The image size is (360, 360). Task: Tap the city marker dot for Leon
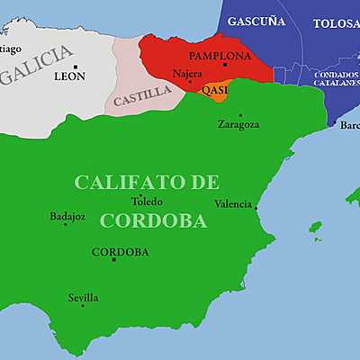[76, 67]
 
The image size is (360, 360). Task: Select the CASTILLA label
[140, 93]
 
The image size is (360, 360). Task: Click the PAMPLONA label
[220, 55]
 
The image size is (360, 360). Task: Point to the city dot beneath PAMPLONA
[225, 65]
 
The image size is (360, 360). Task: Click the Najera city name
[187, 72]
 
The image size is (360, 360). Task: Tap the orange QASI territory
[217, 90]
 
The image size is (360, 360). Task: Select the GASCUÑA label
[256, 20]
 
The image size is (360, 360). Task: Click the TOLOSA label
[335, 24]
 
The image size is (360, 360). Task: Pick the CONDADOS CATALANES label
[337, 78]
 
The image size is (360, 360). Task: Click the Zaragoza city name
[238, 125]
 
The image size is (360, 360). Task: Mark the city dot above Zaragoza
[240, 115]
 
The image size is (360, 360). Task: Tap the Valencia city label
[233, 203]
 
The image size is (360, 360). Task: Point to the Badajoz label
[67, 216]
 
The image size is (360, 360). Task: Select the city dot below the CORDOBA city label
[113, 260]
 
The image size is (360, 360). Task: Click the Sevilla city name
[84, 297]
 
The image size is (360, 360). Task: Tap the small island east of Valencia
[316, 227]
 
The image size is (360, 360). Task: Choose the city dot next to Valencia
[256, 209]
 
